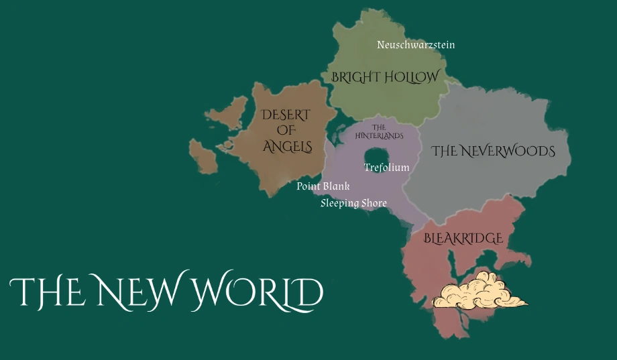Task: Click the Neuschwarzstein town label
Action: (x=416, y=45)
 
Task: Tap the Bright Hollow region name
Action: (x=385, y=77)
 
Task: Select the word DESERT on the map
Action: (x=286, y=115)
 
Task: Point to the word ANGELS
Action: (x=287, y=147)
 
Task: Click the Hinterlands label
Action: (x=379, y=131)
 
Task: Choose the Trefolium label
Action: (x=386, y=168)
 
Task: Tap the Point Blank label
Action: (x=323, y=186)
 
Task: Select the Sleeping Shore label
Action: (x=353, y=203)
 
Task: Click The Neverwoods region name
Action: (x=493, y=152)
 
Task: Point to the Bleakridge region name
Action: (x=463, y=239)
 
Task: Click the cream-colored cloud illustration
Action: (x=478, y=292)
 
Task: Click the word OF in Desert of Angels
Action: (x=286, y=131)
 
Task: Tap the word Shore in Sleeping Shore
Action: (x=374, y=203)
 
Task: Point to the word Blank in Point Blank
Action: (x=337, y=186)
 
